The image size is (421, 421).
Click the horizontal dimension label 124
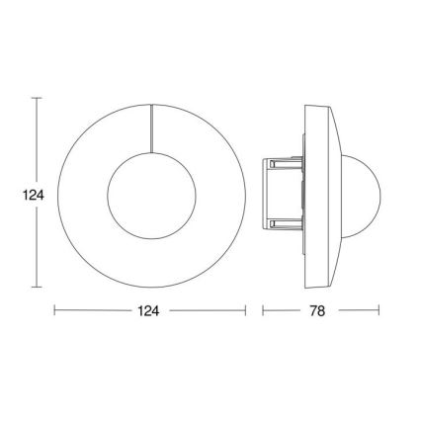(149, 311)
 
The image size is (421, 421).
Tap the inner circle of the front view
(149, 193)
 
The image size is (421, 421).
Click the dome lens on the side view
(365, 193)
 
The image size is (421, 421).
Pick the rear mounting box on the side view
(281, 193)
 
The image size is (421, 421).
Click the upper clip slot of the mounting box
(272, 160)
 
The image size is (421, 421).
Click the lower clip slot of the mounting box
(272, 225)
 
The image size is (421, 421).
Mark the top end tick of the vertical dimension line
(37, 98)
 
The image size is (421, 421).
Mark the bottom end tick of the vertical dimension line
(37, 287)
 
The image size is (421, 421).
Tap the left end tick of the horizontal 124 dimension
(54, 310)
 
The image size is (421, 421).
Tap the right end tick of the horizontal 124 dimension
(245, 310)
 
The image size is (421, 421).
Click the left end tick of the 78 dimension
(263, 310)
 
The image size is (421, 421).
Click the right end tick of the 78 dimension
(379, 310)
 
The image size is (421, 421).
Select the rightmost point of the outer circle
(244, 193)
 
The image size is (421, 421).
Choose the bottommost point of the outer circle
(149, 287)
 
